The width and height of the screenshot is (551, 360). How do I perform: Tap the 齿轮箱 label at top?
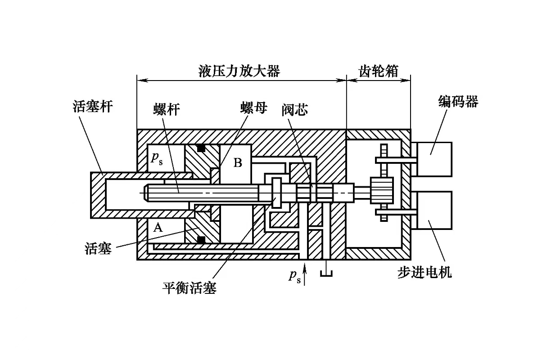point(378,71)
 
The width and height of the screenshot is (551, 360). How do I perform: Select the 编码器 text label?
point(458,102)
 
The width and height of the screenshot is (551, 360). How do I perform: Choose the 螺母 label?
point(253,108)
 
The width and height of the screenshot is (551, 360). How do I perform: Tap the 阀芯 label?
point(295,109)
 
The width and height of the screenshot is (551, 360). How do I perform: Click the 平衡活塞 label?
point(190,287)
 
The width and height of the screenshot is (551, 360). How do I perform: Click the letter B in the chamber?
point(238,162)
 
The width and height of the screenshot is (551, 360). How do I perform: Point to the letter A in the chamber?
point(157,228)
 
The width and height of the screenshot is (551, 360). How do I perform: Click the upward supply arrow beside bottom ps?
point(306,274)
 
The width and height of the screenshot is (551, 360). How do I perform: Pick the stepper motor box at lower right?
point(434,210)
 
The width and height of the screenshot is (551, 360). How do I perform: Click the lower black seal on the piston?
point(201,239)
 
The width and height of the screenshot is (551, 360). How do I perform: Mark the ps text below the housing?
point(294,276)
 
